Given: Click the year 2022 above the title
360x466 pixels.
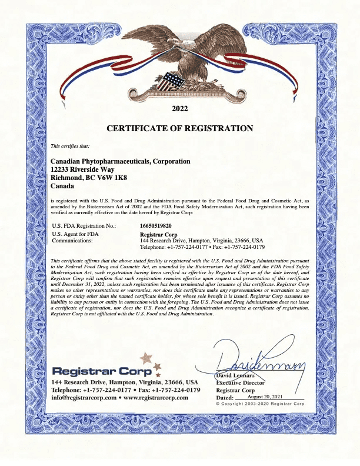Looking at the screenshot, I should [x=179, y=109].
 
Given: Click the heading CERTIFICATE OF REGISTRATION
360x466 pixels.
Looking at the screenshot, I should [x=179, y=128].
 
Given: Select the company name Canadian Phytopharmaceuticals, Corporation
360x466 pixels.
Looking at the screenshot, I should [x=121, y=161].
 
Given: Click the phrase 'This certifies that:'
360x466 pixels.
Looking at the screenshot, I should [x=70, y=146].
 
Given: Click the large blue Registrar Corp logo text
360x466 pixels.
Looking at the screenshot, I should [x=102, y=371].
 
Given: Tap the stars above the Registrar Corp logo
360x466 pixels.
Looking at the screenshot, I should [x=148, y=360].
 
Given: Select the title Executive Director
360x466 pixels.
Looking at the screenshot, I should [x=241, y=382].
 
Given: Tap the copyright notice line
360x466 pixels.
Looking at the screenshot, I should [x=259, y=404].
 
